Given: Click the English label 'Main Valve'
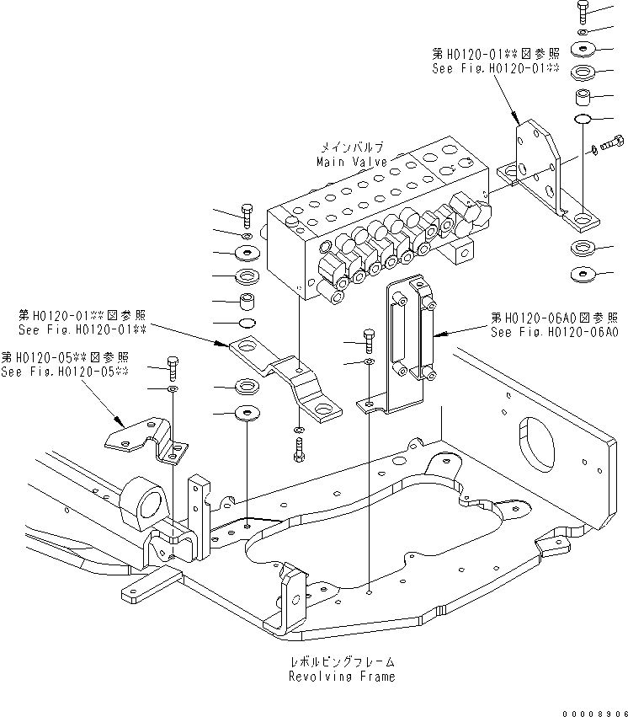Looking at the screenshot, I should [x=352, y=161].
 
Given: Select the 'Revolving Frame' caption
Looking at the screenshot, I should [x=341, y=676].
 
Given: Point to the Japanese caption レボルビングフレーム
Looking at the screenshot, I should [x=341, y=663].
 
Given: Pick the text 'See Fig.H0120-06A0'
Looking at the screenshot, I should [x=556, y=331].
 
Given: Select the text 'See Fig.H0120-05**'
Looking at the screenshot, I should [x=65, y=372].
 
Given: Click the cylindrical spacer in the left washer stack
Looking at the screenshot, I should [x=247, y=301].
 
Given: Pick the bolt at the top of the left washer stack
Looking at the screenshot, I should [x=246, y=215].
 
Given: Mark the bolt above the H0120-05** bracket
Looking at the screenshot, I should [x=173, y=367].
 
